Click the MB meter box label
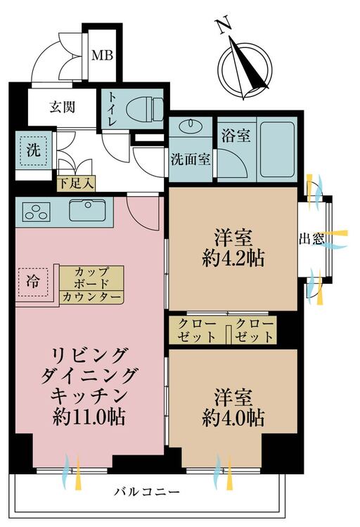tap(103, 55)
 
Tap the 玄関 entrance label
tap(63, 107)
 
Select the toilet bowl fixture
tap(145, 108)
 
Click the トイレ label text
tap(112, 109)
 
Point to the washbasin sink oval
tap(191, 126)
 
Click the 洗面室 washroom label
tap(191, 159)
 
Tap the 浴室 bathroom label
tap(236, 136)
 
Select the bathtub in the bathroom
tap(277, 149)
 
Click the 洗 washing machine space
tap(34, 150)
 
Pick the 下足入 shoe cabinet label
tap(76, 183)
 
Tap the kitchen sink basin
tap(86, 210)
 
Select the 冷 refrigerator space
tap(33, 282)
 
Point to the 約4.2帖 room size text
tap(233, 259)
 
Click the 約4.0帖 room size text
tap(233, 417)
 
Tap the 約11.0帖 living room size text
tap(89, 417)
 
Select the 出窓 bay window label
tap(312, 239)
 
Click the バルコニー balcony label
tap(146, 493)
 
